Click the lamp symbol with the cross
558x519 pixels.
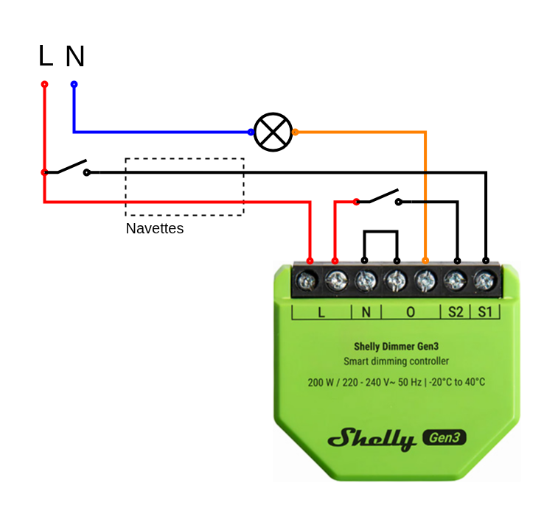click(273, 133)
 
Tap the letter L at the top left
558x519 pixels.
click(46, 56)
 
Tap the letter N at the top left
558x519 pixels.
click(74, 57)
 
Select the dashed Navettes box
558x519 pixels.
click(184, 187)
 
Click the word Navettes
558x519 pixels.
click(154, 228)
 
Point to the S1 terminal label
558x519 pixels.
click(484, 311)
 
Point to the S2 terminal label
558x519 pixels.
click(456, 311)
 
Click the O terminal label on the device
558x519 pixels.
click(411, 311)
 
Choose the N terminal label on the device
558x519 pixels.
click(366, 311)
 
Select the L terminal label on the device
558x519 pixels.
click(321, 311)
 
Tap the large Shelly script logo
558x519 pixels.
click(372, 439)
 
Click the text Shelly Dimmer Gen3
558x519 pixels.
click(397, 346)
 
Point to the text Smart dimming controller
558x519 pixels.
click(397, 361)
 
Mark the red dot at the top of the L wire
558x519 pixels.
click(44, 85)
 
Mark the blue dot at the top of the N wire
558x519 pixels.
click(74, 85)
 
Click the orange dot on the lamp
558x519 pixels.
click(295, 133)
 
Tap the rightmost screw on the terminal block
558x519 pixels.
click(484, 280)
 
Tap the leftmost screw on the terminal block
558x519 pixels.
click(307, 280)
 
